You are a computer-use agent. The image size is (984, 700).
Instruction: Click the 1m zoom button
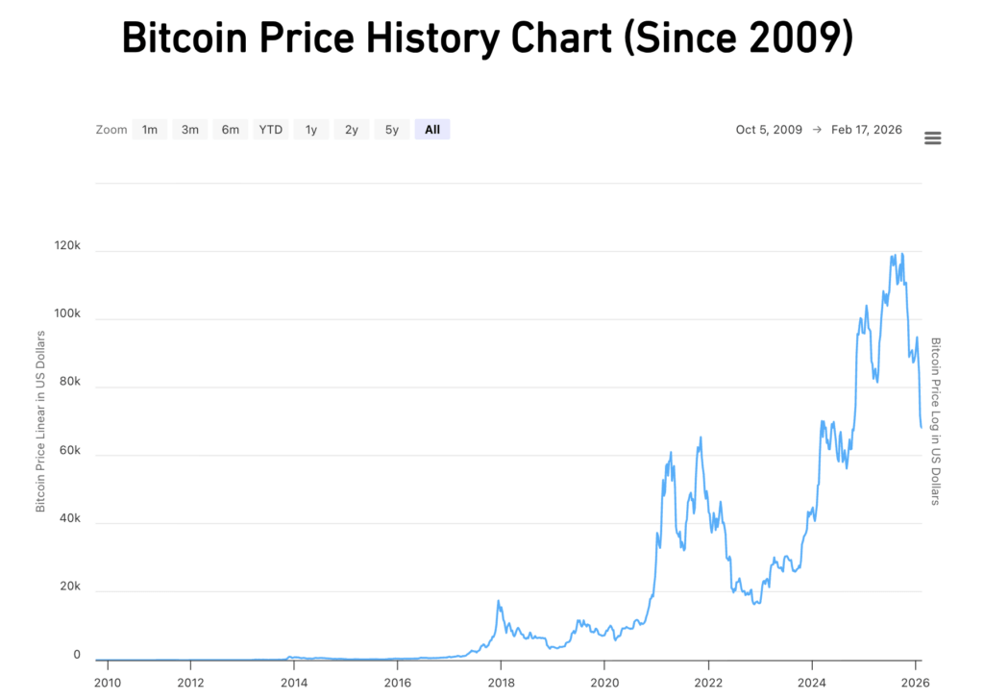tap(150, 130)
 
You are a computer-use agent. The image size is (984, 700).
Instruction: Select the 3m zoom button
tap(190, 130)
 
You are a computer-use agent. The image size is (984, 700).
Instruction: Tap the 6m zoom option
tap(231, 130)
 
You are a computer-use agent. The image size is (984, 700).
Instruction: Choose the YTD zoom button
tap(271, 130)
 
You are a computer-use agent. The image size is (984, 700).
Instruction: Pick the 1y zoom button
tap(311, 130)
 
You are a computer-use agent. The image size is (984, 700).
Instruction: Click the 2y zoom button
tap(352, 130)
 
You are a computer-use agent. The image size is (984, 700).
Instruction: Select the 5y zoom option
tap(392, 130)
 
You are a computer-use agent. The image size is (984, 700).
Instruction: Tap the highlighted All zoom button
tap(432, 130)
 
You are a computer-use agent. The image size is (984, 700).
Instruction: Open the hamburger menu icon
tap(932, 138)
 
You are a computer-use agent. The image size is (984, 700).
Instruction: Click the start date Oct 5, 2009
tap(769, 130)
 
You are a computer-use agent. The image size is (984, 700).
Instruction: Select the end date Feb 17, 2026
tap(867, 130)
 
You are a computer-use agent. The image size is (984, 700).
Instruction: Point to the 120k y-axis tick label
tap(66, 247)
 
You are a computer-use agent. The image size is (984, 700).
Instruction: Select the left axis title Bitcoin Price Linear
tap(40, 421)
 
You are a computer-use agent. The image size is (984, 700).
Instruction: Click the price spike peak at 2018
tap(499, 601)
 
